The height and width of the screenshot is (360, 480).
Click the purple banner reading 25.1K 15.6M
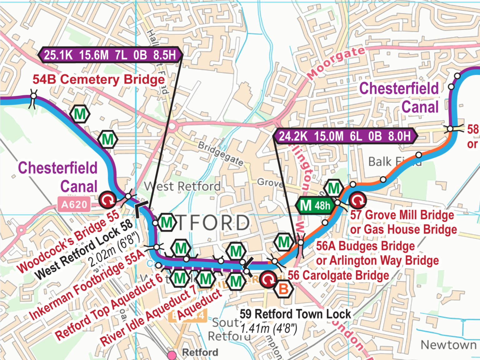click(110, 55)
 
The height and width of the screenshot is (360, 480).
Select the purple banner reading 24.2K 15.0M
click(345, 136)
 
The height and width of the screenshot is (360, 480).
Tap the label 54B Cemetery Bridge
click(99, 79)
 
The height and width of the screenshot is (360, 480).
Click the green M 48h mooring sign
click(315, 205)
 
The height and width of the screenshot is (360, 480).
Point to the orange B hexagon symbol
click(283, 289)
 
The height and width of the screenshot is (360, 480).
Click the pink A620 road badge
click(74, 205)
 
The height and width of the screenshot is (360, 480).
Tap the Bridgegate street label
click(221, 153)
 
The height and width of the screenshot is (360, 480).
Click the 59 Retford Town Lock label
click(295, 314)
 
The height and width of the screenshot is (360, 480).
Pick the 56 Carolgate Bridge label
click(338, 276)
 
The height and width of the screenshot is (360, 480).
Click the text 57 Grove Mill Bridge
click(402, 215)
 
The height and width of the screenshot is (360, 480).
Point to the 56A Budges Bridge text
click(365, 246)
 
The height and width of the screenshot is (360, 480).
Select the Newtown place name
click(448, 345)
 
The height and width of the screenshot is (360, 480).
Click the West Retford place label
click(182, 187)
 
